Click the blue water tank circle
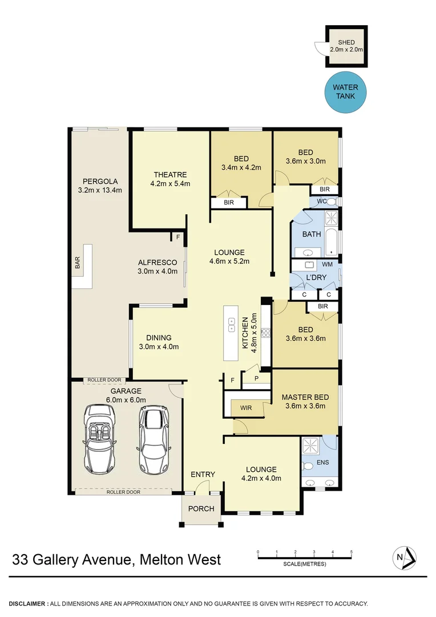pos(346,91)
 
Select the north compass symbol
pos(404,556)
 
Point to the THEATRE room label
pos(170,175)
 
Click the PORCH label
pos(201,508)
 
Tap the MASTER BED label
pos(305,397)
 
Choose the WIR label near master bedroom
pos(247,408)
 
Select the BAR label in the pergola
pos(78,262)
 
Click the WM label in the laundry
pos(327,265)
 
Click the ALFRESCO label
pos(158,262)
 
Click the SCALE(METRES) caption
pos(305,564)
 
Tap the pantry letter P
pos(257,378)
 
